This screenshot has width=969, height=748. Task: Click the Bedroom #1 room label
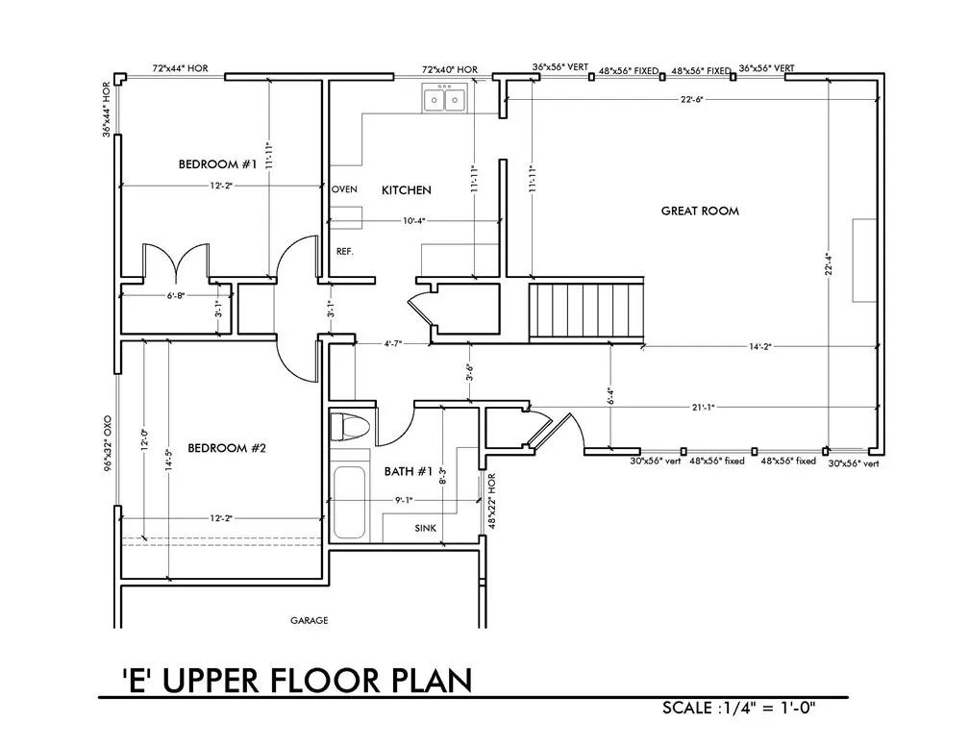[x=217, y=163]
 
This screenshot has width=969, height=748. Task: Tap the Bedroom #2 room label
[x=227, y=448]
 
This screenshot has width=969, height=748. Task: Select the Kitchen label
[x=406, y=189]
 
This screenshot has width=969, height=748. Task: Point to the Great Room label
[x=700, y=211]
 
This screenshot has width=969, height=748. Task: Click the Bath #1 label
[x=408, y=472]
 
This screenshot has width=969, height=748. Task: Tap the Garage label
[x=309, y=620]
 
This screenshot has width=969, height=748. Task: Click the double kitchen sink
[x=446, y=99]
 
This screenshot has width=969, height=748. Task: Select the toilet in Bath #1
[x=349, y=427]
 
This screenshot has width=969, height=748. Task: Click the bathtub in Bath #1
[x=349, y=503]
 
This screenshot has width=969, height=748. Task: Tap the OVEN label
[x=344, y=189]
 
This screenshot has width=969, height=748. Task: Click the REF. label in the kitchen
[x=345, y=252]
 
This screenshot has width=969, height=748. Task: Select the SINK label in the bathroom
[x=425, y=528]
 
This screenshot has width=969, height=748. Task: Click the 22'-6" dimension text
[x=691, y=99]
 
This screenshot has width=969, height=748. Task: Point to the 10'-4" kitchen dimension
[x=414, y=220]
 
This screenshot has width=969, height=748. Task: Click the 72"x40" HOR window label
[x=450, y=70]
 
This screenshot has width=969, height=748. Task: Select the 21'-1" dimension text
[x=704, y=408]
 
